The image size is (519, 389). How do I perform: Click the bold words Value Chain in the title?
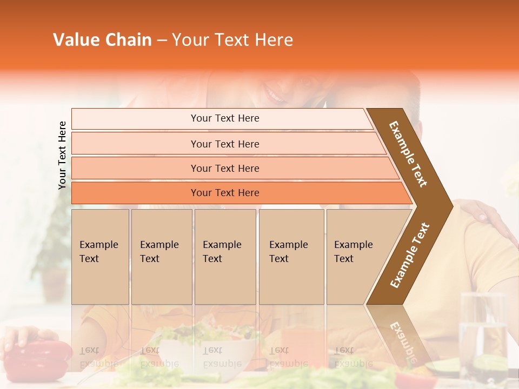click(x=102, y=40)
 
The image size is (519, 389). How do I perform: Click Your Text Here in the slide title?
click(x=232, y=40)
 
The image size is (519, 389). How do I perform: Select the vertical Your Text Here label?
click(x=63, y=155)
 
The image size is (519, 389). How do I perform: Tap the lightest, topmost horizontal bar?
click(x=222, y=118)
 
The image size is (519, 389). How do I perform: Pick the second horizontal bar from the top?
click(x=227, y=144)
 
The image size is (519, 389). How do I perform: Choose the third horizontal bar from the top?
click(x=232, y=168)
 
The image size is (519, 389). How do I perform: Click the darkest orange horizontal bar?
click(x=238, y=193)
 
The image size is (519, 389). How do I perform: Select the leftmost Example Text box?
click(x=100, y=257)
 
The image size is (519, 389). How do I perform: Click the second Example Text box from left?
click(x=161, y=257)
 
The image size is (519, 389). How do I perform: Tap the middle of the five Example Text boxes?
click(x=225, y=257)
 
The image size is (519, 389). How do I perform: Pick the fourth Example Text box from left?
click(x=291, y=257)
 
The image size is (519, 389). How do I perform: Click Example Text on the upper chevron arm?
click(x=409, y=154)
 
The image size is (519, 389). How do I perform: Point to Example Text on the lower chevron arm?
click(x=410, y=255)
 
